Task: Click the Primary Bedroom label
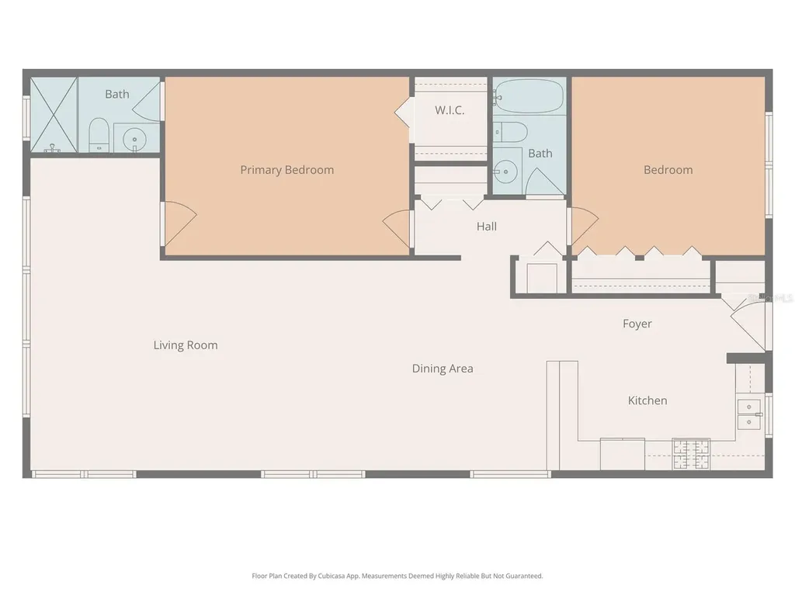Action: point(286,170)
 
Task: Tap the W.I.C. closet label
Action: point(450,110)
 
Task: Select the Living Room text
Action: point(186,345)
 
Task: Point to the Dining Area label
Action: point(443,369)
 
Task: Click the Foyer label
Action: point(637,324)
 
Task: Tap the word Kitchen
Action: point(647,400)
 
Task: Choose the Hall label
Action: point(487,227)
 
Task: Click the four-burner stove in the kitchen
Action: point(691,454)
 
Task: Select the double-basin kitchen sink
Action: point(749,414)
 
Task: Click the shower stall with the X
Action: point(54,115)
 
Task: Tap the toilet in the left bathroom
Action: point(99,135)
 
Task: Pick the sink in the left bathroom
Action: point(135,138)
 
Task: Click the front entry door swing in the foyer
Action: point(747,324)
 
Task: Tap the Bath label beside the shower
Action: point(117,94)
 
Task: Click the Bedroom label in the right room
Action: point(668,170)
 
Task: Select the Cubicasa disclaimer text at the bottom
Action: point(397,576)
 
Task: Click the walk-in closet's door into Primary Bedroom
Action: point(404,113)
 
